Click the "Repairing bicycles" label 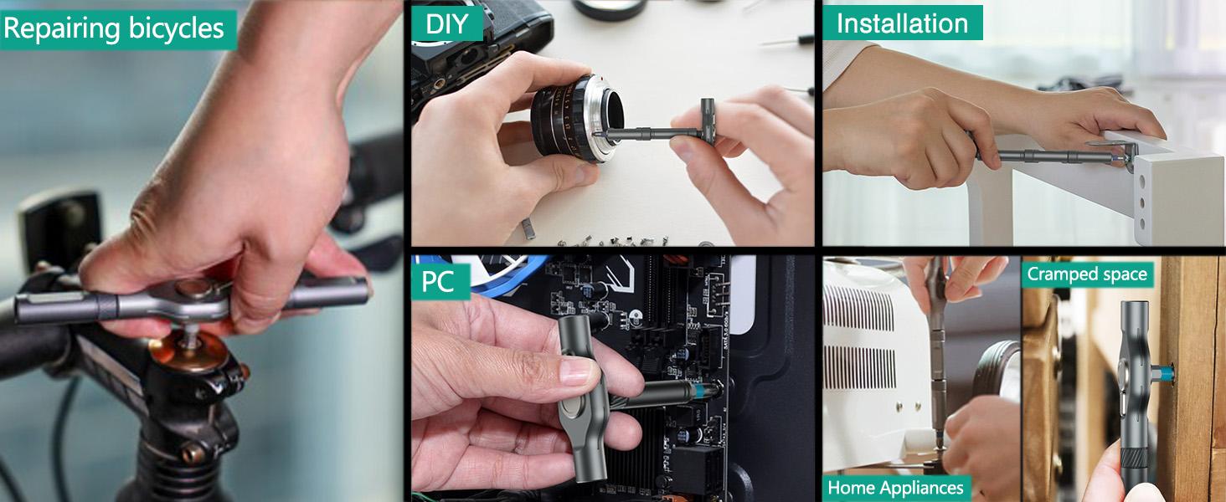point(115,29)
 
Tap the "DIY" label point(446,23)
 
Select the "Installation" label point(902,23)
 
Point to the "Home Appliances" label point(895,488)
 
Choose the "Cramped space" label point(1086,274)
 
